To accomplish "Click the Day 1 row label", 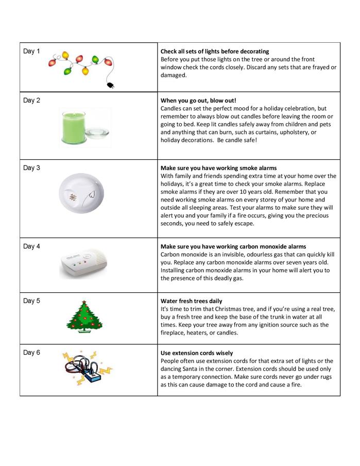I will point(31,51).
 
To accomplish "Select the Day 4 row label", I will point(31,246).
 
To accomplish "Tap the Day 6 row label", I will point(31,353).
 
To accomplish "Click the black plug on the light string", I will point(110,86).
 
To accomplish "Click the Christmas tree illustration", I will point(84,317).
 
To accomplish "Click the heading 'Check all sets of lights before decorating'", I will point(215,52).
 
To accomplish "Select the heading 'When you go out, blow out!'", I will point(198,101).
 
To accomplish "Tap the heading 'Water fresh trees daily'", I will point(191,301).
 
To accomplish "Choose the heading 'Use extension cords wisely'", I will point(197,353).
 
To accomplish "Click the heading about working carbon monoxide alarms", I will point(233,246).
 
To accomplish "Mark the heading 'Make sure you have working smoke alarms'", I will point(218,168).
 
